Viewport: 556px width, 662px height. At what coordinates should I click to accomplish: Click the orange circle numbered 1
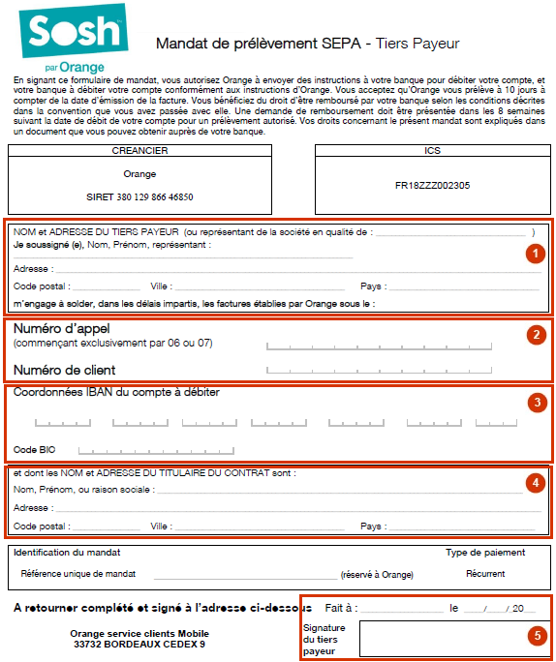(532, 253)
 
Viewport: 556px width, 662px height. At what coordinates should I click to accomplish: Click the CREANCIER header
(140, 151)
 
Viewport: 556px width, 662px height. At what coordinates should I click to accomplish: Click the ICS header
(432, 151)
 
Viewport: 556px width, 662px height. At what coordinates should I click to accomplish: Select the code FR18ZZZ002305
(432, 185)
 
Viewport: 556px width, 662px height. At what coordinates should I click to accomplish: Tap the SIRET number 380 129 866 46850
(140, 196)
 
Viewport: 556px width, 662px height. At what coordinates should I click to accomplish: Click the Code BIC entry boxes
(155, 450)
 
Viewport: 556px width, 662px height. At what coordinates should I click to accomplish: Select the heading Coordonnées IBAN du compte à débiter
(116, 392)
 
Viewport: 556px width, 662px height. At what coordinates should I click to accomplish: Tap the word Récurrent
(484, 574)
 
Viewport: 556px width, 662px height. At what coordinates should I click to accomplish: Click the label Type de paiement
(484, 553)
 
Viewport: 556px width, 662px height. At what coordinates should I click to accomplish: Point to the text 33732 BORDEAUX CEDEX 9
(139, 644)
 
